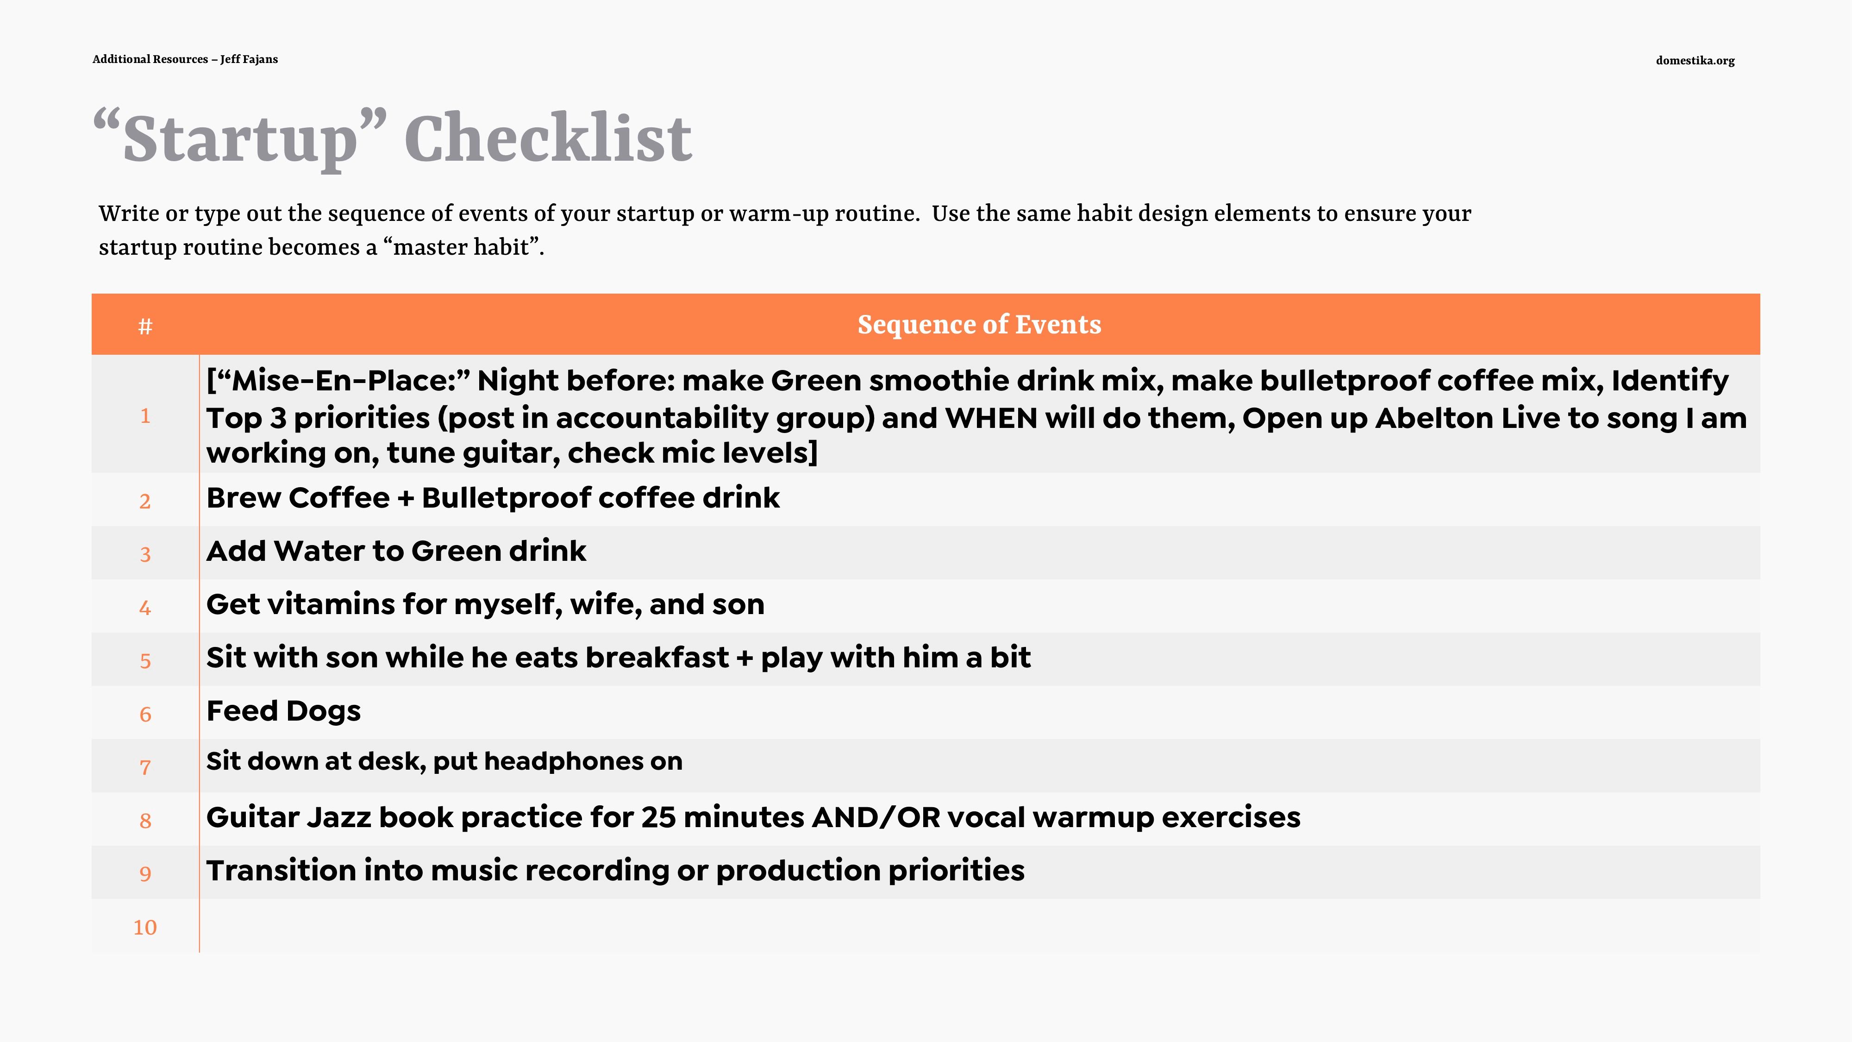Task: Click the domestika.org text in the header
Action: (1695, 60)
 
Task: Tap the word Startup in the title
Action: (240, 140)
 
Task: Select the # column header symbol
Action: (145, 326)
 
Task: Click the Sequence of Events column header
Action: (979, 324)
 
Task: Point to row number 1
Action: (145, 416)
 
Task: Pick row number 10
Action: (145, 927)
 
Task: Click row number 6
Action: (145, 714)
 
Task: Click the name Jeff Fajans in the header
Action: (249, 59)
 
